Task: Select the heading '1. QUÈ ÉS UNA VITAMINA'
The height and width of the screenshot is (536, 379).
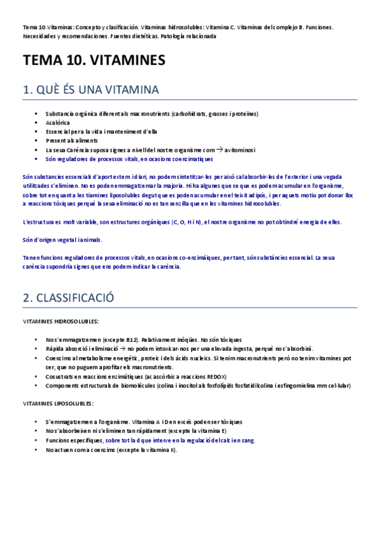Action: point(90,90)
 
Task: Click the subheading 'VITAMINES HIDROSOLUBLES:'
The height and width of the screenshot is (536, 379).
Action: point(61,321)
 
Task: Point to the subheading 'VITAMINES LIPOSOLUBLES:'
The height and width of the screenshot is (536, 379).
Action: point(58,403)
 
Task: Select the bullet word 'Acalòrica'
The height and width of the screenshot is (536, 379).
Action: point(58,122)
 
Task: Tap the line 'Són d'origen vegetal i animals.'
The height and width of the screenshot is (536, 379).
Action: point(62,240)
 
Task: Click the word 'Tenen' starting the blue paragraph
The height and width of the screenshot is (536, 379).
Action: point(31,258)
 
